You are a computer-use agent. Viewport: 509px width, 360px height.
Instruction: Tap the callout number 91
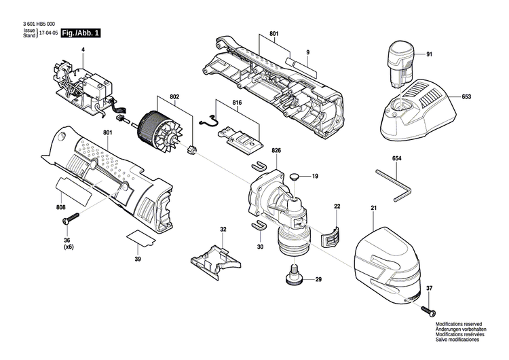(429, 54)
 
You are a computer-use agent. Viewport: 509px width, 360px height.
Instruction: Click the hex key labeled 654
(400, 185)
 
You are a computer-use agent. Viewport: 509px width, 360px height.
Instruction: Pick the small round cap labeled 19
(294, 177)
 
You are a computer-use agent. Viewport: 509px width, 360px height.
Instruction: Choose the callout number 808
(60, 208)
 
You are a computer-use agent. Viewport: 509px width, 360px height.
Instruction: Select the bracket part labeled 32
(215, 258)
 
